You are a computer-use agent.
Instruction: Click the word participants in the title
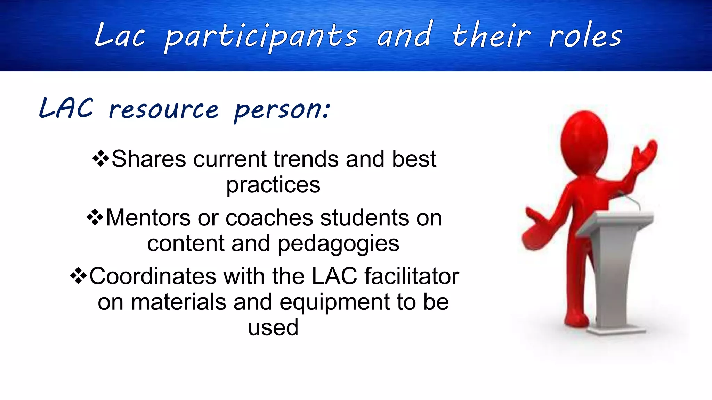coord(261,37)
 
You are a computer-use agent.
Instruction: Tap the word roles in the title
coord(585,36)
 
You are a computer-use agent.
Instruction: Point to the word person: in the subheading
coord(282,110)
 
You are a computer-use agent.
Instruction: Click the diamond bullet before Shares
coord(101,159)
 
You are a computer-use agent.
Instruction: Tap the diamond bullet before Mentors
coord(95,218)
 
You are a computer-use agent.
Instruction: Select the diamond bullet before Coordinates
coord(79,276)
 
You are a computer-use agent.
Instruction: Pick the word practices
coord(273,185)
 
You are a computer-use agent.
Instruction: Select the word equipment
coord(334,302)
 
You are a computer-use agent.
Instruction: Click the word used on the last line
coord(273,327)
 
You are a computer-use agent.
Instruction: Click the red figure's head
coord(584,139)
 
